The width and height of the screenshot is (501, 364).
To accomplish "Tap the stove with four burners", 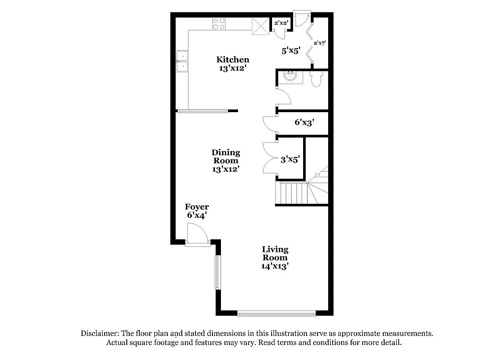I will [x=219, y=24].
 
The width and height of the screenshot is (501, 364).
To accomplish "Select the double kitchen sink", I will [x=182, y=61].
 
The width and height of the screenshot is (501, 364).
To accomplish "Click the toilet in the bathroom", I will [x=316, y=79].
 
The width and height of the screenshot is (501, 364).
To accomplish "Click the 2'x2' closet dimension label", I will [x=280, y=23].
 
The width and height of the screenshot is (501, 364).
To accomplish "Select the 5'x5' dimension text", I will [x=290, y=50].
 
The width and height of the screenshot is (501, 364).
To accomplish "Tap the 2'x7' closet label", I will [x=320, y=44].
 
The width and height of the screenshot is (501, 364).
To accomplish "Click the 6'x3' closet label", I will [x=304, y=122].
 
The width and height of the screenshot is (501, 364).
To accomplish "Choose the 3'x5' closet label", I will [x=290, y=159].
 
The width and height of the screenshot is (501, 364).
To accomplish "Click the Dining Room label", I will [x=225, y=161].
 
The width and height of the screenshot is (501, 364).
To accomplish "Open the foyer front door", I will [x=197, y=235].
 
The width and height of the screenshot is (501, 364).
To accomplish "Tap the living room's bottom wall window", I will [x=277, y=314].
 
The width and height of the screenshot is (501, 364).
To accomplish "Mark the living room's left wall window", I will [x=217, y=272].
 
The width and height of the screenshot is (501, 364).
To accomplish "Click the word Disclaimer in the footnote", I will [x=100, y=333].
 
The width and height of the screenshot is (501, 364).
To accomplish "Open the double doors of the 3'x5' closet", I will [x=270, y=158].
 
